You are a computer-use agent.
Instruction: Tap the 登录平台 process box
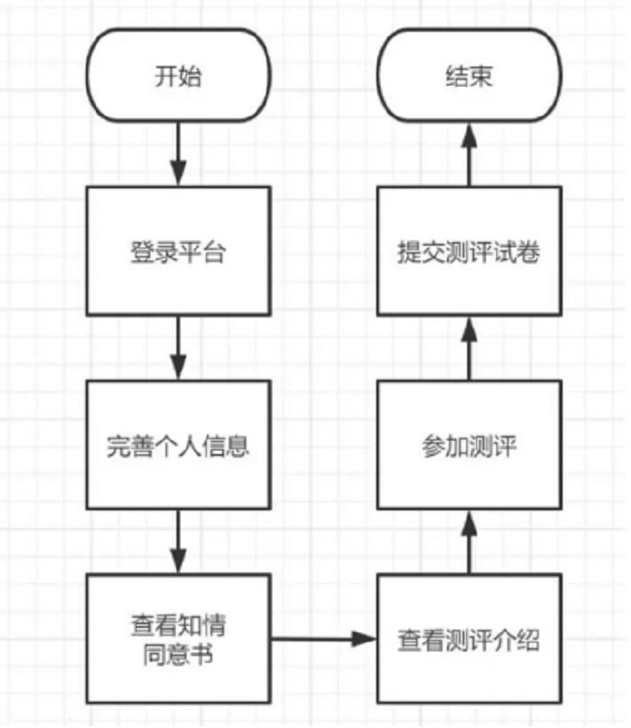pyautogui.click(x=178, y=251)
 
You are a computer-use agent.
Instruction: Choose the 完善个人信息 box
pyautogui.click(x=178, y=446)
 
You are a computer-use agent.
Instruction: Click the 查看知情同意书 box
pyautogui.click(x=178, y=640)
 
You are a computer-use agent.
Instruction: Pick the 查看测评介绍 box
pyautogui.click(x=470, y=640)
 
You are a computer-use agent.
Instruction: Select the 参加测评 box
pyautogui.click(x=470, y=446)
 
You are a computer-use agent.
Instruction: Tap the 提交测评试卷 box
pyautogui.click(x=470, y=251)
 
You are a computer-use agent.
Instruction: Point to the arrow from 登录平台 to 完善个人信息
pyautogui.click(x=178, y=347)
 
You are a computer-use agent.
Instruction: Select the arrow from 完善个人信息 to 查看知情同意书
pyautogui.click(x=178, y=541)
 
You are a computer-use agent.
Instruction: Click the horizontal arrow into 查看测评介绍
pyautogui.click(x=323, y=640)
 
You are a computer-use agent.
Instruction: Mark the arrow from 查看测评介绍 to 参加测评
pyautogui.click(x=470, y=541)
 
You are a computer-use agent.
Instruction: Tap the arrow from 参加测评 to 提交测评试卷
pyautogui.click(x=470, y=347)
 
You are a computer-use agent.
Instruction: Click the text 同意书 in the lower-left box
pyautogui.click(x=178, y=652)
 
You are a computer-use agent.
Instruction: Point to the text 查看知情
pyautogui.click(x=178, y=627)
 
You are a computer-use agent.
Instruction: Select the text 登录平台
pyautogui.click(x=178, y=251)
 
